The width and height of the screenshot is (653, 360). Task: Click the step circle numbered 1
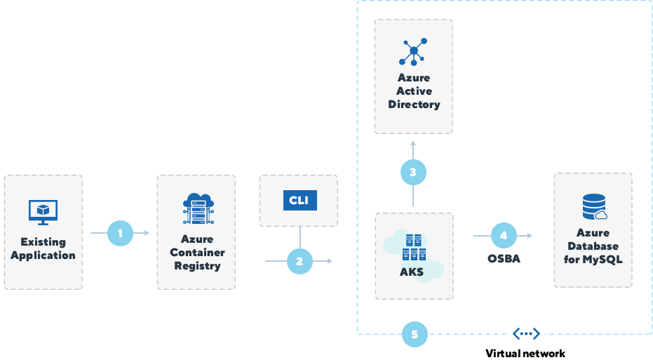pos(120,233)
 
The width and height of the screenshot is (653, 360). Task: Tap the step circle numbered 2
pos(299,261)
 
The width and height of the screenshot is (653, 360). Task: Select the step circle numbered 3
pos(413,172)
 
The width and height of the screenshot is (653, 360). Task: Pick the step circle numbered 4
pos(503,236)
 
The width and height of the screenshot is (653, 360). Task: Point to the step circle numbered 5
pos(415,335)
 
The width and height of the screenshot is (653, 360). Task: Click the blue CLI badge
pos(299,200)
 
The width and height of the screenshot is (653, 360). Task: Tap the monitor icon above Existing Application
pos(43,211)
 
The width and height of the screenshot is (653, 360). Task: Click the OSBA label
pos(503,259)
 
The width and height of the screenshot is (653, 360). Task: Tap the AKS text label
pos(411,272)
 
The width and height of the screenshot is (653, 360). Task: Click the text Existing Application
pos(43,248)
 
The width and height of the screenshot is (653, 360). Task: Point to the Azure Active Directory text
pos(414,91)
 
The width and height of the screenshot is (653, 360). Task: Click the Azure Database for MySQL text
pos(593,246)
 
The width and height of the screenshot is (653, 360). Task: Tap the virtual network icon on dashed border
pos(525,335)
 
